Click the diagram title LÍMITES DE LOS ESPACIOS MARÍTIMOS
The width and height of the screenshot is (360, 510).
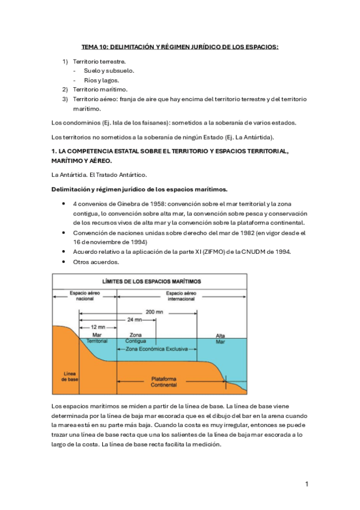point(151,281)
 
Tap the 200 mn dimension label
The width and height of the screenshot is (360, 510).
point(154,312)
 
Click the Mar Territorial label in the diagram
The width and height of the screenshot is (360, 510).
point(97,338)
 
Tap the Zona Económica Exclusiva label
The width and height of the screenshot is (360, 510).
point(157,349)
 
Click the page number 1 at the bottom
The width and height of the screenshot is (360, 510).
point(307,484)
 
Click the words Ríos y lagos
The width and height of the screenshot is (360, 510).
point(102,80)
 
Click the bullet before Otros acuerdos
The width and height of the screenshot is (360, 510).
point(63,262)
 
